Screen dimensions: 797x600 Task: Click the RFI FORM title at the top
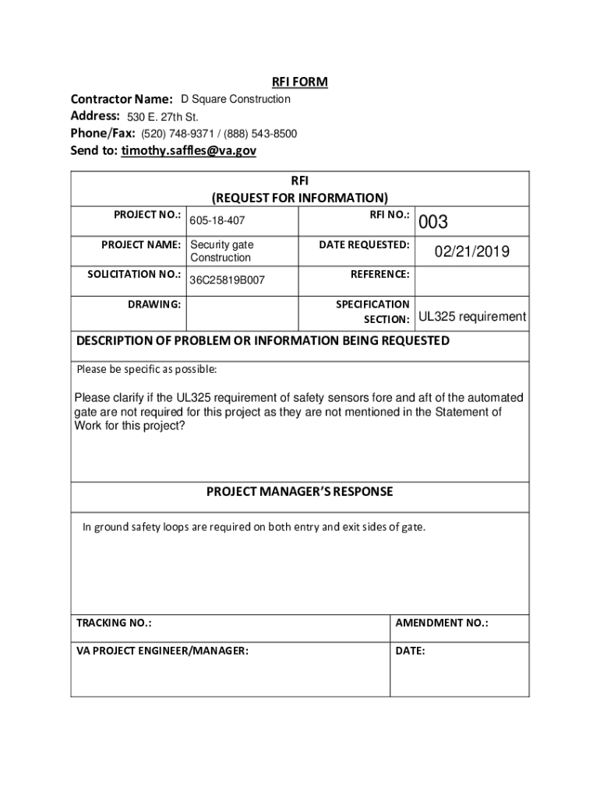point(299,82)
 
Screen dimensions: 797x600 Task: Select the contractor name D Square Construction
point(235,99)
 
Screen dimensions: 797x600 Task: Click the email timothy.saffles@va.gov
point(189,151)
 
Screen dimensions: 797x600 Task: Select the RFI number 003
point(433,223)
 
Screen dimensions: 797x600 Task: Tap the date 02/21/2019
point(472,251)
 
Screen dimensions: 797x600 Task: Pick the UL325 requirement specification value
point(472,317)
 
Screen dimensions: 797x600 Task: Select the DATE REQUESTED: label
point(364,244)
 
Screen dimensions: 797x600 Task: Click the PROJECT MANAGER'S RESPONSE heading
point(299,492)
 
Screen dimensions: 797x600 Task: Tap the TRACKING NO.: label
point(114,623)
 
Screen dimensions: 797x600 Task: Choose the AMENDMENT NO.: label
point(442,623)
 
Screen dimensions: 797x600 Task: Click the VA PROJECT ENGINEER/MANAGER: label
point(162,651)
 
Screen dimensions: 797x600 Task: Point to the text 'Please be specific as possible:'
point(146,368)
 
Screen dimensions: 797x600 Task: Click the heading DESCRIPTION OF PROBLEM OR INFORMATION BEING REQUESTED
point(263,341)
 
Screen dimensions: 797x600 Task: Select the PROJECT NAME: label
point(141,244)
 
